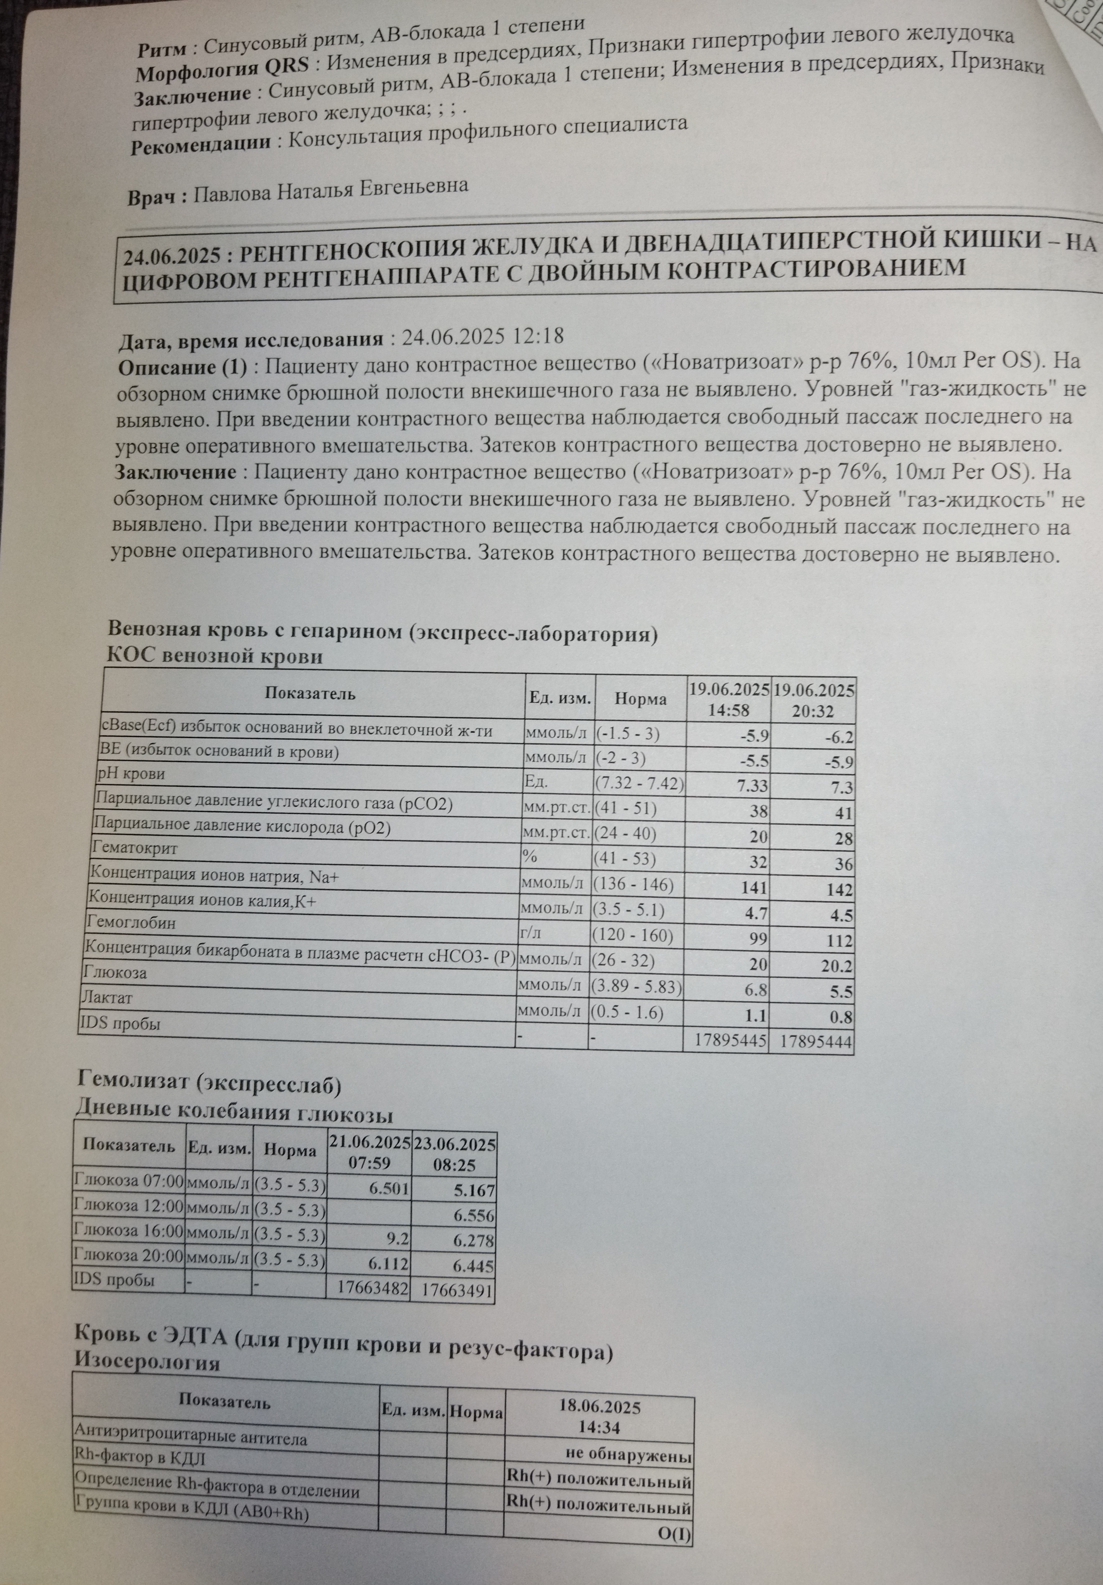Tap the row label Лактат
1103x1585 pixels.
tap(107, 998)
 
